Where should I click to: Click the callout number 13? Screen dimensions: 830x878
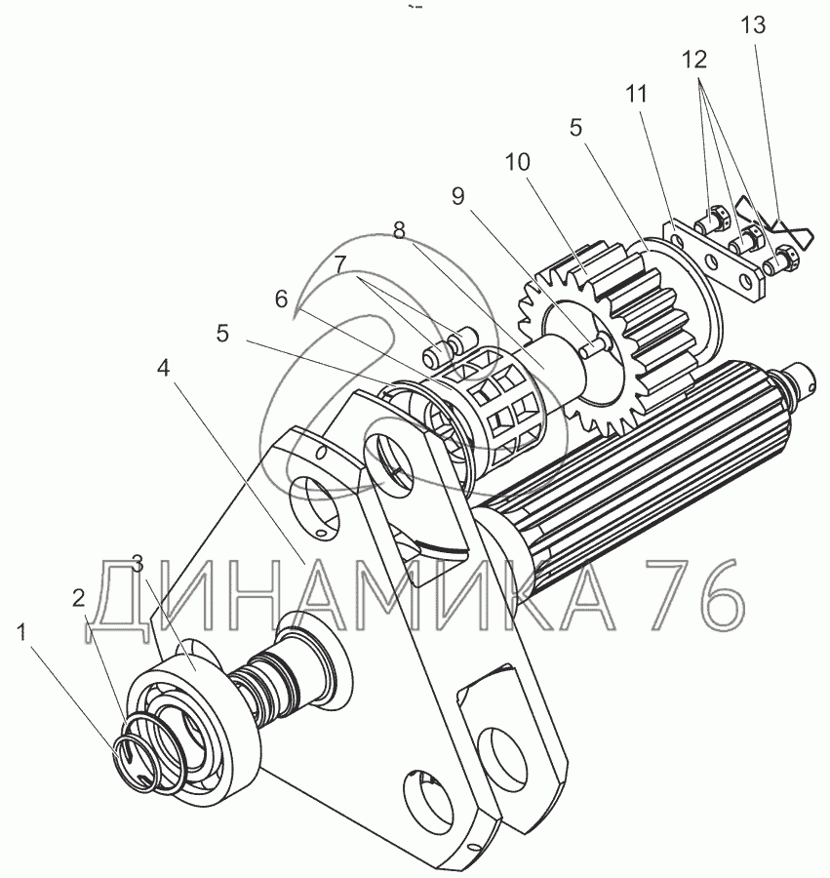pyautogui.click(x=753, y=25)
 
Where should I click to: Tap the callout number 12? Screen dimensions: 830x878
pyautogui.click(x=694, y=60)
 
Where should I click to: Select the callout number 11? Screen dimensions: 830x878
pyautogui.click(x=636, y=94)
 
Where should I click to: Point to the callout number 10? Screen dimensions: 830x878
pyautogui.click(x=517, y=162)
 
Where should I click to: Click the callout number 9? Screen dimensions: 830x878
pyautogui.click(x=457, y=196)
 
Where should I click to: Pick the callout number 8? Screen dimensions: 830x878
pyautogui.click(x=399, y=230)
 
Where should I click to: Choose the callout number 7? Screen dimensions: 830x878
pyautogui.click(x=340, y=264)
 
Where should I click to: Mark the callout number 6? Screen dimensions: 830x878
pyautogui.click(x=281, y=299)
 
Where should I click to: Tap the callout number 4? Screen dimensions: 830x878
pyautogui.click(x=163, y=368)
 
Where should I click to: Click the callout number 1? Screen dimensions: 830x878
pyautogui.click(x=21, y=633)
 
